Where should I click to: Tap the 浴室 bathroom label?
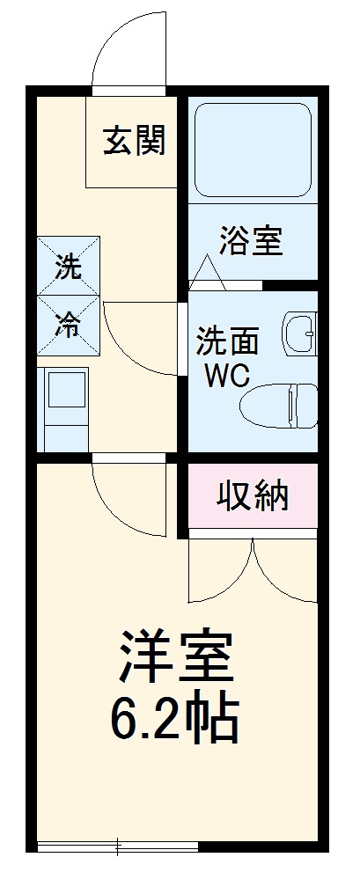tap(252, 240)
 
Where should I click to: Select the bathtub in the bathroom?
tap(253, 150)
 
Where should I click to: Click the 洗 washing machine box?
tap(69, 266)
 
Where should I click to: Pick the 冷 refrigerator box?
tap(69, 325)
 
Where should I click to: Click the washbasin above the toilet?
tap(300, 333)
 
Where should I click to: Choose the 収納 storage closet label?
tap(253, 498)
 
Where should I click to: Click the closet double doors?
tap(253, 572)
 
